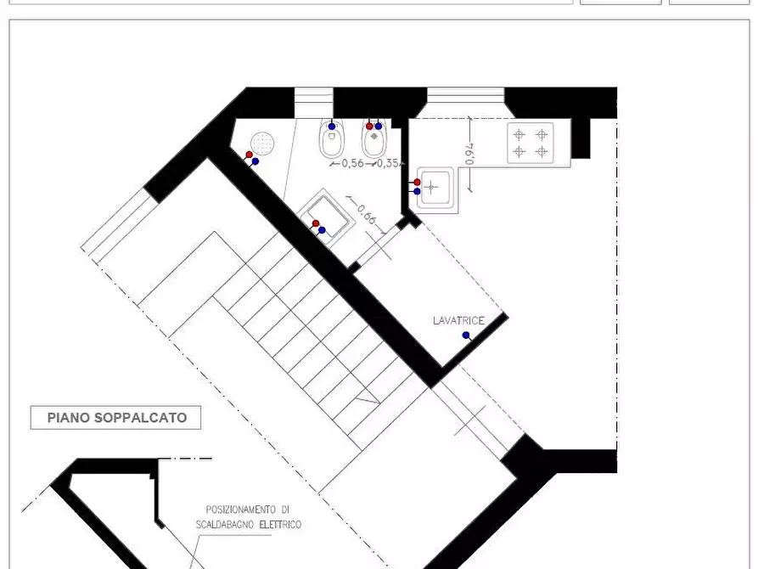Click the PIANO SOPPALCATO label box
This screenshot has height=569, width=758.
tap(115, 418)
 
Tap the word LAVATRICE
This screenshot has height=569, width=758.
tap(458, 321)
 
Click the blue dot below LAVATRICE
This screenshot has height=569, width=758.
tap(466, 335)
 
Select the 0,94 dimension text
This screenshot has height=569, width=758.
tap(469, 154)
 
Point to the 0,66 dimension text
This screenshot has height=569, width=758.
tap(367, 214)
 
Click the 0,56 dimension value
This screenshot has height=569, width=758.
tap(353, 163)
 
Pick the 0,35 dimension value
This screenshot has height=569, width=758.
tap(388, 163)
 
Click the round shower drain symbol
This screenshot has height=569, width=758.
tap(262, 143)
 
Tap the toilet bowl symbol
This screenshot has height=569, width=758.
tap(332, 138)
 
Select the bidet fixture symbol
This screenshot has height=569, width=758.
tap(373, 138)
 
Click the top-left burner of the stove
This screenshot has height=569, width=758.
tap(519, 134)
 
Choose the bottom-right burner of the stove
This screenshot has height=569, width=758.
tap(542, 152)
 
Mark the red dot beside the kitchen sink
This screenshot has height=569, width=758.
tap(417, 183)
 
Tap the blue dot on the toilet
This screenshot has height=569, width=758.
tap(332, 127)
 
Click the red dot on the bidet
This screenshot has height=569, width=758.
tap(370, 127)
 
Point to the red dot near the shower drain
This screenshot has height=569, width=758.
tap(249, 155)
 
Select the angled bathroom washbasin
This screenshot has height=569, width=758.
tap(327, 216)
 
